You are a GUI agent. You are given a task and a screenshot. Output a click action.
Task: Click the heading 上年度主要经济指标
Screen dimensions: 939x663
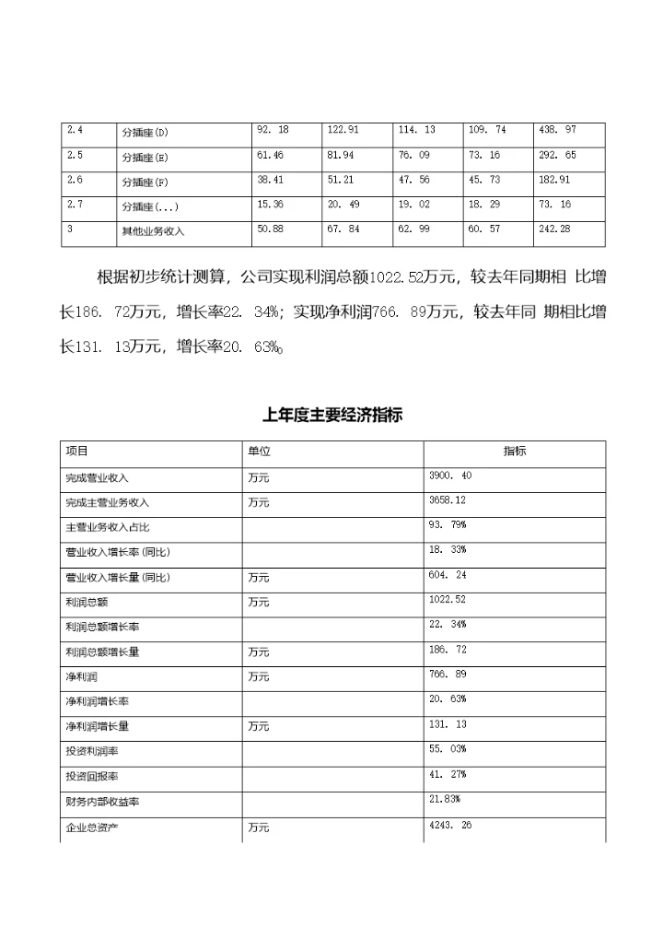(x=331, y=416)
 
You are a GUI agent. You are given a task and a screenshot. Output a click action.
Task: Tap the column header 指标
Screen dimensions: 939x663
(x=515, y=451)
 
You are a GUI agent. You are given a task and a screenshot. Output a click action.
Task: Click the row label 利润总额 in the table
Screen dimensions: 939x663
(x=88, y=602)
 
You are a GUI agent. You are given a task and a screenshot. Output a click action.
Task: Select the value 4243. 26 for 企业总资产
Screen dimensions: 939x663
(x=450, y=826)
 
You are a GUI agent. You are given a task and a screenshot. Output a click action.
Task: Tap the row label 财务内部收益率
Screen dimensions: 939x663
(x=102, y=803)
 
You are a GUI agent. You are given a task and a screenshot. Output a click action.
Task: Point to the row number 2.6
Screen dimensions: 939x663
(x=76, y=180)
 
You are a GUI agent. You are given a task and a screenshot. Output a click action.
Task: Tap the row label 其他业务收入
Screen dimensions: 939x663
(x=153, y=232)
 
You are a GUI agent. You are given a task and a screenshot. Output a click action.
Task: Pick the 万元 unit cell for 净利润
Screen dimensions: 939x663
(x=258, y=677)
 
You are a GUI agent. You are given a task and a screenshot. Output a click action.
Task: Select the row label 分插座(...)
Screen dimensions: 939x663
(x=150, y=207)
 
